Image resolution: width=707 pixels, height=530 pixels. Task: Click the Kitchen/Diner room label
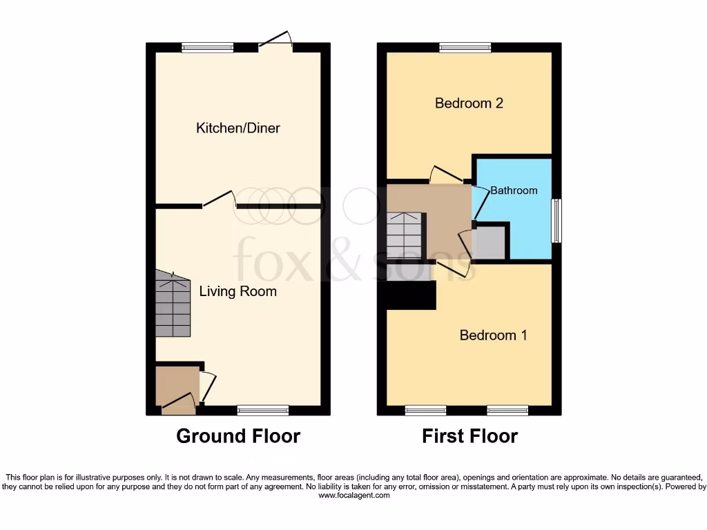pyautogui.click(x=238, y=128)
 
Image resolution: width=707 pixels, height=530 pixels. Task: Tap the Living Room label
pyautogui.click(x=238, y=291)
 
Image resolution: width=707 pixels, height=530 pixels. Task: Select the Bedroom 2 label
pyautogui.click(x=469, y=104)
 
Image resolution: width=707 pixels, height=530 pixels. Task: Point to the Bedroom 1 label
pyautogui.click(x=494, y=335)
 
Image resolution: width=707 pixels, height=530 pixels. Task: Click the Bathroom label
pyautogui.click(x=514, y=190)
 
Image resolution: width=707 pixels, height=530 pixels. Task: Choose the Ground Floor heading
pyautogui.click(x=238, y=436)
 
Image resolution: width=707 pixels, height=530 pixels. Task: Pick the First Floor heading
pyautogui.click(x=470, y=436)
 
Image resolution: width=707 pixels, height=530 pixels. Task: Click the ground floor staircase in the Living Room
pyautogui.click(x=172, y=304)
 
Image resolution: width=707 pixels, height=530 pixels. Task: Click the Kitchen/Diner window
pyautogui.click(x=207, y=48)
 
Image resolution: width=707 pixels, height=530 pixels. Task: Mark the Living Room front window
pyautogui.click(x=263, y=411)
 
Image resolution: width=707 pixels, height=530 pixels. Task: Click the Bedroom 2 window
pyautogui.click(x=465, y=48)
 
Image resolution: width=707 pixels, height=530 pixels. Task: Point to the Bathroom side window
pyautogui.click(x=556, y=221)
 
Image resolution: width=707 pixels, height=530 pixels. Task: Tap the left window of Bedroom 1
pyautogui.click(x=425, y=411)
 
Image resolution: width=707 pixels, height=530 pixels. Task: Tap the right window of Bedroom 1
pyautogui.click(x=507, y=411)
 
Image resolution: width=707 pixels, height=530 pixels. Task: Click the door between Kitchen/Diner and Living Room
pyautogui.click(x=220, y=201)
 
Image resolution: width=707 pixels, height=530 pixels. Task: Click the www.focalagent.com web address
pyautogui.click(x=353, y=495)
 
